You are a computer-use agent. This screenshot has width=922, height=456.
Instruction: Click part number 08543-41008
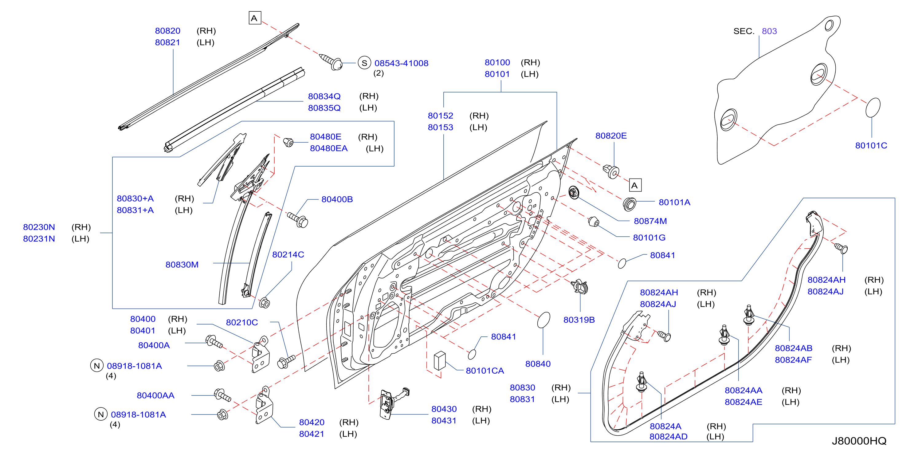(x=401, y=63)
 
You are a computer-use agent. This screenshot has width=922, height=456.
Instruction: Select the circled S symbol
(x=364, y=63)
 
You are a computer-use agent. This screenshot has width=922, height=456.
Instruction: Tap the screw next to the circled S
(x=331, y=61)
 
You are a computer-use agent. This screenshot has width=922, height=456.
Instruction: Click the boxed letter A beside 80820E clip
(x=635, y=185)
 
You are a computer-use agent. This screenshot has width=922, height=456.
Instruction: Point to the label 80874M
(x=650, y=221)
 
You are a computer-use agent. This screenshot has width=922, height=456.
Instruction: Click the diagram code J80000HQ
(x=859, y=441)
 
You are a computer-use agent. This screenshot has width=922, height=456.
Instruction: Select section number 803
(x=769, y=31)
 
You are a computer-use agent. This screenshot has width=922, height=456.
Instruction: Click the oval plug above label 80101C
(x=873, y=107)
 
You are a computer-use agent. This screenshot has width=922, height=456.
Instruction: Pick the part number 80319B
(x=579, y=320)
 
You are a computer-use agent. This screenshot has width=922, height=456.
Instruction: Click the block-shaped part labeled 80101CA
(x=440, y=360)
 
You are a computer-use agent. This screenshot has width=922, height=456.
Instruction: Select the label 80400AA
(x=156, y=395)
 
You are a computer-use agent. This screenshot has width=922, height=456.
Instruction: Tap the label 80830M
(x=182, y=265)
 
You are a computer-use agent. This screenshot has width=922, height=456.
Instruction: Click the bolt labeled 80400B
(x=298, y=219)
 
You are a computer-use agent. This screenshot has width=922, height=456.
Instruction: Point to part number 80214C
(x=288, y=255)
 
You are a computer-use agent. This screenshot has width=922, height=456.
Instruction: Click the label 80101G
(x=649, y=238)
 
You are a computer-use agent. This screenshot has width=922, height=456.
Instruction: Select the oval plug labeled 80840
(x=544, y=320)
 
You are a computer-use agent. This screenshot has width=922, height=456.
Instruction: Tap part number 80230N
(x=39, y=227)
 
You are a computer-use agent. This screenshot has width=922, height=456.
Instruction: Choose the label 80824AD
(x=668, y=437)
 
